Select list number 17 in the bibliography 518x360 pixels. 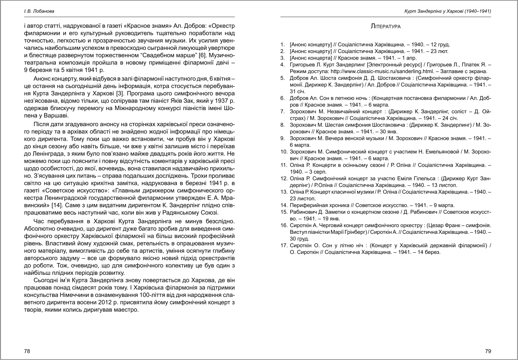pos(283,245)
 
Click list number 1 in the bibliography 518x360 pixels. pos(283,45)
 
